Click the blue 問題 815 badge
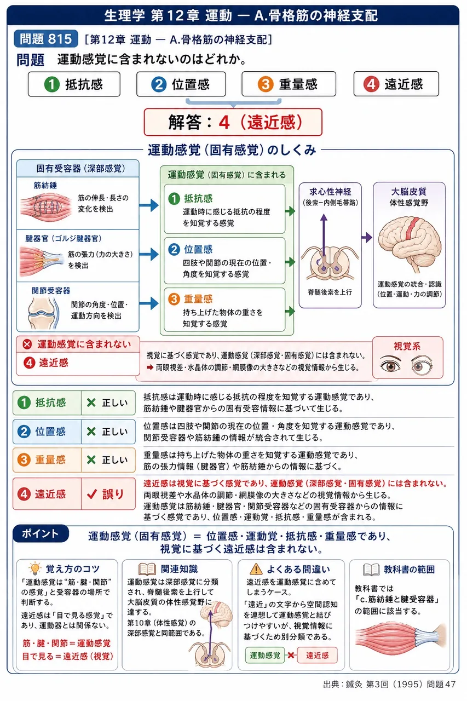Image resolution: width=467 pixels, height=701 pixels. (45, 39)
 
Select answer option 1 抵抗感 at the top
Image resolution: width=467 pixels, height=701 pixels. (74, 84)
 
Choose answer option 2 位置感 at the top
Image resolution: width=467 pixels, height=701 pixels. (181, 84)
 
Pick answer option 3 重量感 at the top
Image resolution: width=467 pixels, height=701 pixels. (289, 84)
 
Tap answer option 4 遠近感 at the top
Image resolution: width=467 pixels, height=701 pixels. (396, 84)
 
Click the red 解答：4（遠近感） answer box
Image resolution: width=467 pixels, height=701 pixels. (233, 122)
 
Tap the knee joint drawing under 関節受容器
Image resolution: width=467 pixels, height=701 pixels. (43, 313)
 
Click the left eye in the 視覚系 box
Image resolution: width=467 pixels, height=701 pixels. (390, 365)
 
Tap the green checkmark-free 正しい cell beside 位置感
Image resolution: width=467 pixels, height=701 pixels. (108, 432)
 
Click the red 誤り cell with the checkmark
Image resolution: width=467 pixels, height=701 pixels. (108, 494)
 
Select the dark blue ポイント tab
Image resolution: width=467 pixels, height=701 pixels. (41, 533)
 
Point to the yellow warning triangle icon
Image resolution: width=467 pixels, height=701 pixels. (256, 568)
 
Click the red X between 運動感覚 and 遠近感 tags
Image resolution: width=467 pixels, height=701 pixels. (291, 655)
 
